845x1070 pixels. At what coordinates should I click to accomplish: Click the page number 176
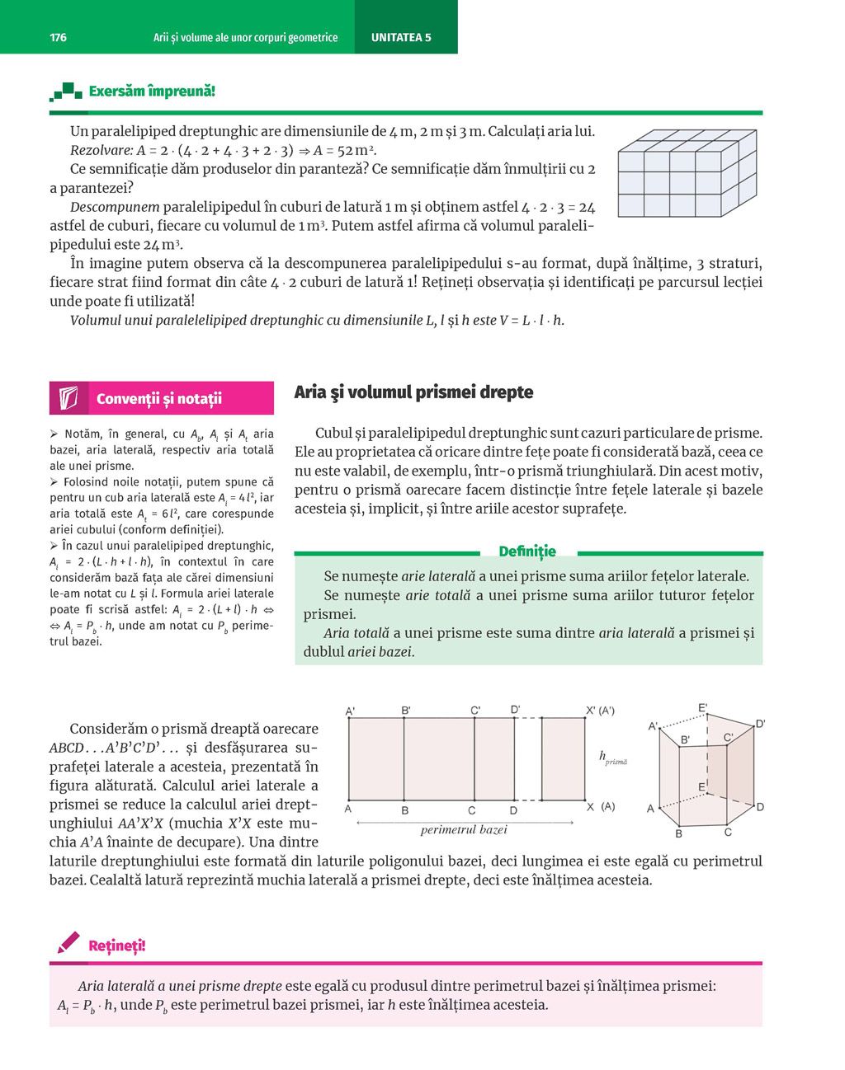point(58,37)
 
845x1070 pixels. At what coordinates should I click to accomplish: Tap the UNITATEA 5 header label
point(401,37)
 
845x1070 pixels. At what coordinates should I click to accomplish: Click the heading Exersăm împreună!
point(152,92)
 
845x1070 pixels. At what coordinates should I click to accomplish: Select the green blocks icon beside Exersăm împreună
point(66,92)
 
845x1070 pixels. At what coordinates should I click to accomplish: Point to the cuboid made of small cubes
point(687,173)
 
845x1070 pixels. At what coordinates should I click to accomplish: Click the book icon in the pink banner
point(68,399)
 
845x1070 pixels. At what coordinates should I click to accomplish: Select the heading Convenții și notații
point(159,399)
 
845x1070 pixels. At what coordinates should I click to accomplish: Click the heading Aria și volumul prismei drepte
point(413,392)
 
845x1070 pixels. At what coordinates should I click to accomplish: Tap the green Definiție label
point(527,551)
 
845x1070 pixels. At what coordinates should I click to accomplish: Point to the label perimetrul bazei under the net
point(464,830)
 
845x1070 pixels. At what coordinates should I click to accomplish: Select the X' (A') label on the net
point(600,711)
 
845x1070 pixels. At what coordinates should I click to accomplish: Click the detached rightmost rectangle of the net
point(563,758)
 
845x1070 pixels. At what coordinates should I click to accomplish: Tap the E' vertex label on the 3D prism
point(703,708)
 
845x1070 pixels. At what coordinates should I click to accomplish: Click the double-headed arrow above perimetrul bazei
point(464,821)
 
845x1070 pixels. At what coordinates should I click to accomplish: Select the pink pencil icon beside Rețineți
point(68,943)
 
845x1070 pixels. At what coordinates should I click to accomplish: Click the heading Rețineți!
point(117,946)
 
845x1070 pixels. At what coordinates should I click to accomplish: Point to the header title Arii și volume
point(245,37)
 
